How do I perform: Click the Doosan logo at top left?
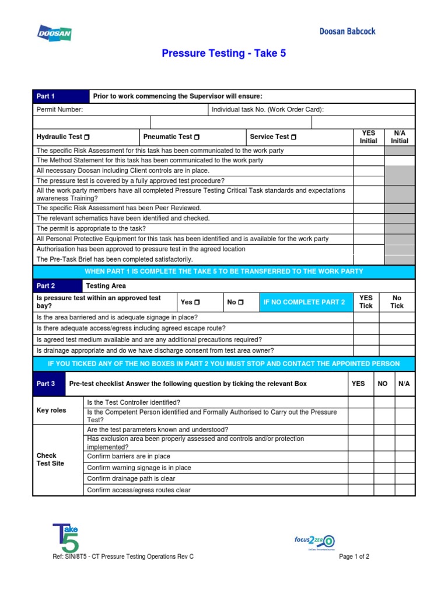(x=54, y=33)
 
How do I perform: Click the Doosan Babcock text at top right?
(x=347, y=32)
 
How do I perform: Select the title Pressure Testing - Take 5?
(x=224, y=54)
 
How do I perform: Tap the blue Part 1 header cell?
(x=61, y=96)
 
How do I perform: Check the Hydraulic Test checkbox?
(x=86, y=137)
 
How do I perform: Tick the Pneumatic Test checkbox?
(x=197, y=137)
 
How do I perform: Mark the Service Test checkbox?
(x=293, y=137)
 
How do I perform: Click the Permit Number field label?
(x=60, y=110)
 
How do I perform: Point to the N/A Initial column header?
(x=399, y=137)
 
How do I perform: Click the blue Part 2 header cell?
(x=58, y=286)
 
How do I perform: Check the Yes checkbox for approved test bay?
(x=197, y=303)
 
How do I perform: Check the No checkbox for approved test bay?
(x=240, y=303)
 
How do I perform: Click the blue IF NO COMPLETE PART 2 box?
(x=304, y=303)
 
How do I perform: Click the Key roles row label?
(x=51, y=411)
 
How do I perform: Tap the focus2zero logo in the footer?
(x=314, y=541)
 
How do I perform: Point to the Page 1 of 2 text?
(x=354, y=557)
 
